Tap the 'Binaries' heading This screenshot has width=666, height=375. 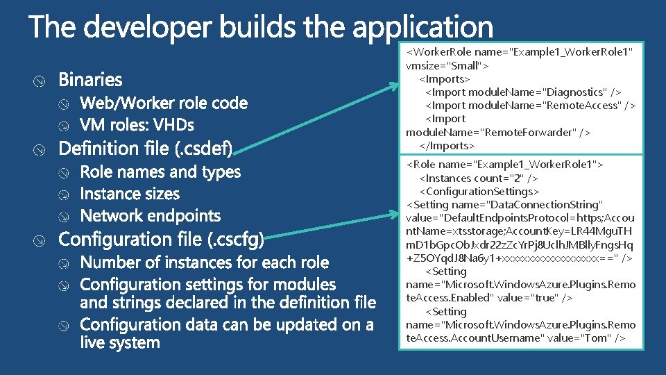pyautogui.click(x=90, y=80)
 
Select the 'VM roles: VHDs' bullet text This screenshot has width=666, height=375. pyautogui.click(x=137, y=126)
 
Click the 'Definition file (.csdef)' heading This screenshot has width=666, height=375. pyautogui.click(x=146, y=149)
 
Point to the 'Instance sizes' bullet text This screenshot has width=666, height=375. pyautogui.click(x=130, y=194)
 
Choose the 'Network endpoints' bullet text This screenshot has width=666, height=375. pyautogui.click(x=151, y=216)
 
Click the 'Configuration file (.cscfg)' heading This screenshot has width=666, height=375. pyautogui.click(x=162, y=240)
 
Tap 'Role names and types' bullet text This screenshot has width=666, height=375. pyautogui.click(x=160, y=172)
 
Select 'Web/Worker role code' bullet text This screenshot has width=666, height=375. pyautogui.click(x=164, y=103)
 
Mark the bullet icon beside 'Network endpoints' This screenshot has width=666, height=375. pyautogui.click(x=64, y=217)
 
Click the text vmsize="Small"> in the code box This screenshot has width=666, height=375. pyautogui.click(x=447, y=65)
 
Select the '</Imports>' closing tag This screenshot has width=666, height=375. pyautogui.click(x=447, y=145)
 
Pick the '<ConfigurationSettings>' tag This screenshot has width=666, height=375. pyautogui.click(x=479, y=191)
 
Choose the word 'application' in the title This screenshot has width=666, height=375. pyautogui.click(x=423, y=28)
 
